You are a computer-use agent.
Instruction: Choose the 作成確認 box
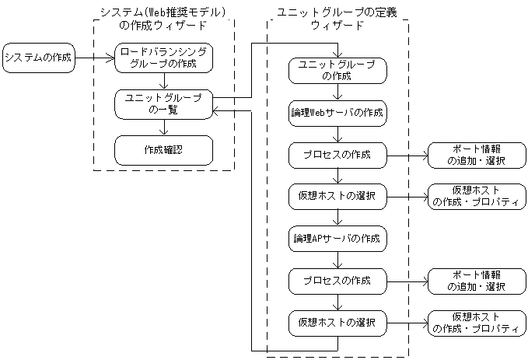pos(163,149)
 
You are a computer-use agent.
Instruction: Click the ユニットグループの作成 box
pos(337,71)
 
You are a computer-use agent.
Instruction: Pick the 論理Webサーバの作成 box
pos(337,113)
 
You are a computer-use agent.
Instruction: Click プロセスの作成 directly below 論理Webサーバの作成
pos(337,155)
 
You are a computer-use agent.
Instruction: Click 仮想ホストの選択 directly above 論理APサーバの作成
pos(337,196)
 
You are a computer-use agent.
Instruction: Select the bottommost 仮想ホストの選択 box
pos(337,322)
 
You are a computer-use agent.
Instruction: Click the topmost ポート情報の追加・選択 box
pos(476,155)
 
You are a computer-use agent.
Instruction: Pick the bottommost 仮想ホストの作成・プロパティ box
pos(476,322)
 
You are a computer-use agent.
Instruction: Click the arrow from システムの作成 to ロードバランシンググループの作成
pos(94,57)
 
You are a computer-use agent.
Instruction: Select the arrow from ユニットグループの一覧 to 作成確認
pos(163,127)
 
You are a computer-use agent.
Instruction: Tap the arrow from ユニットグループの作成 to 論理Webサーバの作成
pos(337,92)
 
